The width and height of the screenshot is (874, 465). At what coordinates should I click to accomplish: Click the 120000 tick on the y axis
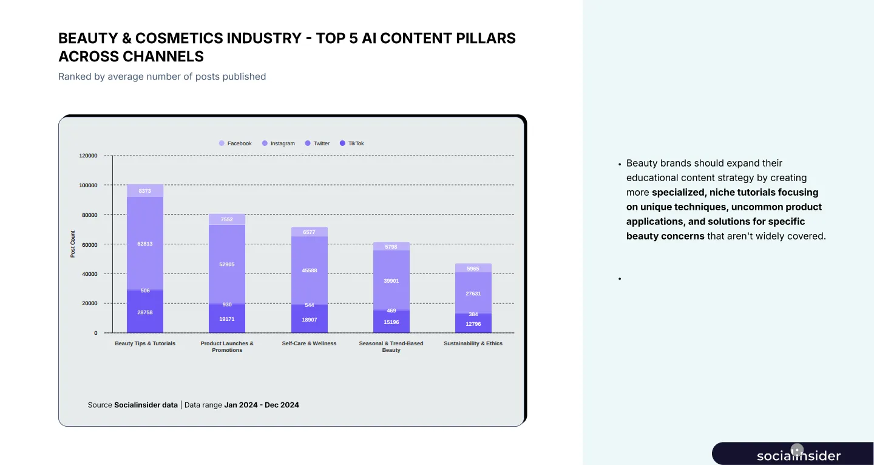coord(88,156)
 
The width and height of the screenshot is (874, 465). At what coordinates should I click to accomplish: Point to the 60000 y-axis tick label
coord(90,244)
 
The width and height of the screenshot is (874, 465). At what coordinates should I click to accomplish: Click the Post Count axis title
coord(73,244)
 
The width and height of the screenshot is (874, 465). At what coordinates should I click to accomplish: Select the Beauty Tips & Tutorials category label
coord(145,343)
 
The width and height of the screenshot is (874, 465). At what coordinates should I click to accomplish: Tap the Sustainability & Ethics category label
coord(473,343)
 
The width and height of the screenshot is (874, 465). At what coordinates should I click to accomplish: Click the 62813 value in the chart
coord(145,244)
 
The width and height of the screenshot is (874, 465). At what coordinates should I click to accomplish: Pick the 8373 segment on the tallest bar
coord(145,191)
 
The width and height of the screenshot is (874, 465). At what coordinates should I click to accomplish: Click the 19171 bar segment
coord(227,319)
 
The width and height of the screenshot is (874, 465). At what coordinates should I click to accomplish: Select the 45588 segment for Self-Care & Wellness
coord(310,270)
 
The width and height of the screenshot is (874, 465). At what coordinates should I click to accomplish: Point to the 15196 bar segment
coord(391,322)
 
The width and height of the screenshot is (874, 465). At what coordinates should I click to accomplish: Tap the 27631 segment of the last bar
coord(473,293)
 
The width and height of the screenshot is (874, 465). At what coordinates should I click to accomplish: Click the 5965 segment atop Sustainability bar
coord(473,269)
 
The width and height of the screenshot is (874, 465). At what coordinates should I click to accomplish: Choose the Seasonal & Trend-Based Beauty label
coord(391,346)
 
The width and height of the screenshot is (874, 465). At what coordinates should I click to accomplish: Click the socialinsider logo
coord(798,455)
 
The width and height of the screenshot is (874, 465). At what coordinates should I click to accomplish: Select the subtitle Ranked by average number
coord(162,77)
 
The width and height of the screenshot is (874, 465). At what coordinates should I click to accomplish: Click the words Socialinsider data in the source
coord(146,405)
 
